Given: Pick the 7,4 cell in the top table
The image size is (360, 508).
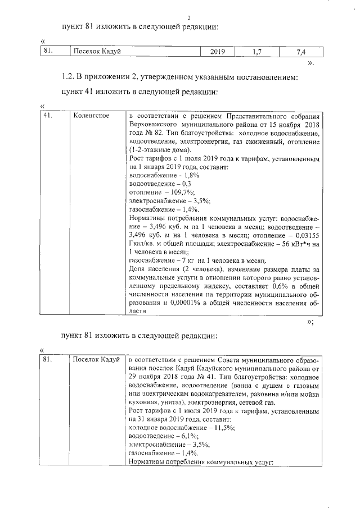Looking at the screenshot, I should point(300,52).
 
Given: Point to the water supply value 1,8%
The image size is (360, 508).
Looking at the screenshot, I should point(183,175).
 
